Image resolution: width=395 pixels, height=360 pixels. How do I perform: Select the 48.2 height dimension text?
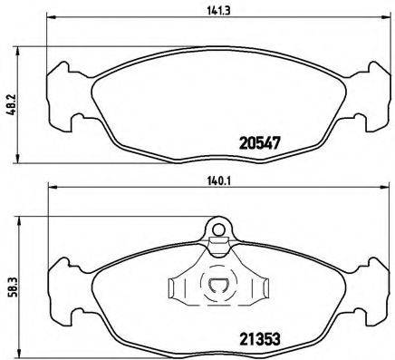point(11,99)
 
